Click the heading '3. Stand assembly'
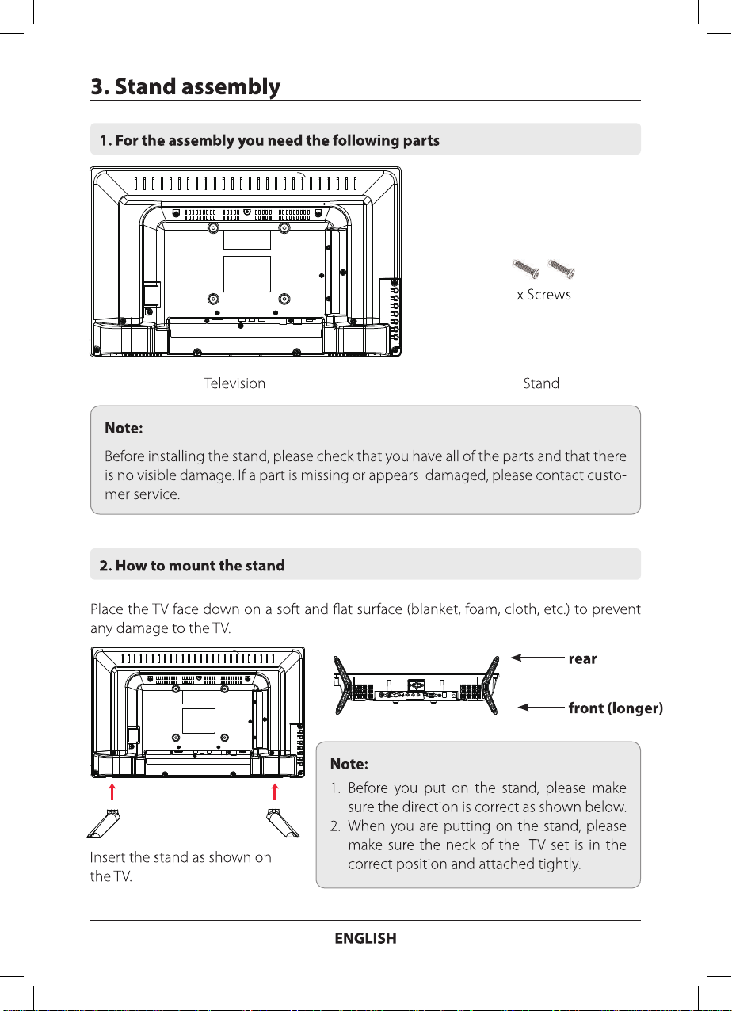coord(185,86)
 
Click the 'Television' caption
coord(234,383)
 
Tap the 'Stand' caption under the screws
coord(541,383)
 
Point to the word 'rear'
coord(582,659)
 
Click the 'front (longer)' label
coord(616,708)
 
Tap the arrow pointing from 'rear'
coord(537,658)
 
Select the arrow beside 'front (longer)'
coord(542,708)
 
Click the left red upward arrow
coord(112,792)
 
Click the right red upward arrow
coord(275,792)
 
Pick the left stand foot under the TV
coord(107,823)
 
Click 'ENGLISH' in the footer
coord(365,938)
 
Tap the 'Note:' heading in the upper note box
coord(124,428)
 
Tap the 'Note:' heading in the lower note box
coord(348,764)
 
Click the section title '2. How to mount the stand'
coord(192,566)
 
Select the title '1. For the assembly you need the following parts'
coord(269,141)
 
